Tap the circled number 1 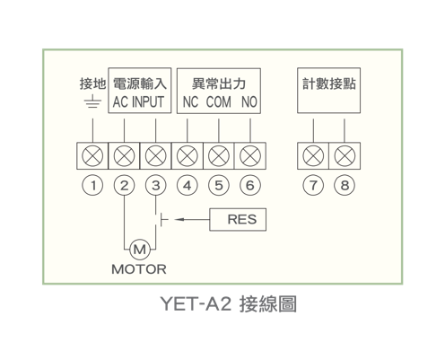(92, 185)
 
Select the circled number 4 (188, 185)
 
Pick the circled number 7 (313, 185)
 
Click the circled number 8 (345, 185)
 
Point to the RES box (238, 220)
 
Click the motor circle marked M (140, 249)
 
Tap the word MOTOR (139, 269)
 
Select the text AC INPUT (138, 101)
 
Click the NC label (190, 102)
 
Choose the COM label (219, 102)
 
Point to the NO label (249, 102)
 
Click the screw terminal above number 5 (219, 156)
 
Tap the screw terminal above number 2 (124, 156)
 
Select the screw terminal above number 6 (250, 156)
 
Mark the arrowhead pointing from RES (179, 220)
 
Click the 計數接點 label (329, 83)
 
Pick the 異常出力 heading (219, 83)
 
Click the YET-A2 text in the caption (196, 303)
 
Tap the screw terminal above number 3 (155, 156)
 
